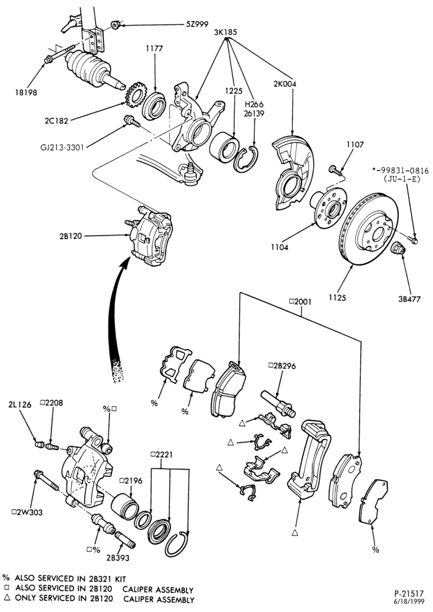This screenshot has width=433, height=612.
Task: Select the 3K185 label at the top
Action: coord(226,32)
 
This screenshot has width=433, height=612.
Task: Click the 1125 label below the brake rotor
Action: coord(337,298)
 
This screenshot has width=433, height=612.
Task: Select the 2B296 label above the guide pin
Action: coord(283,366)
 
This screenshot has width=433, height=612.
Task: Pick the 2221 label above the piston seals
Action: coord(161,455)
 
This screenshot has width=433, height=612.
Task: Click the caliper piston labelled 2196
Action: coord(124,505)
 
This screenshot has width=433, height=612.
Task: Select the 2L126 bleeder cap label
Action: coord(20,405)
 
